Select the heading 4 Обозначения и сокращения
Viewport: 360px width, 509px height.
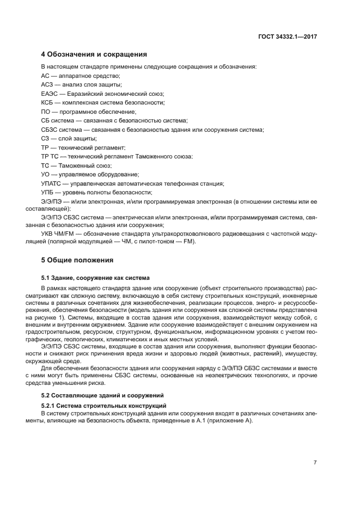(94, 54)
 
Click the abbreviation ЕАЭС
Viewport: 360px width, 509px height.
(50, 94)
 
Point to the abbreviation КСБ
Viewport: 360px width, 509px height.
(48, 102)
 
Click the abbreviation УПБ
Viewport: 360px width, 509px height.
(48, 192)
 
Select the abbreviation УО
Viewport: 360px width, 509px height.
(46, 174)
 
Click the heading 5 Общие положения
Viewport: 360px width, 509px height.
(77, 259)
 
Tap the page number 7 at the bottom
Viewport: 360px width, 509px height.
(315, 463)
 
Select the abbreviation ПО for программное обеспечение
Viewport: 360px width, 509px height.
(46, 111)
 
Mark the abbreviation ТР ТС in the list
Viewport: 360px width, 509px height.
(50, 156)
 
